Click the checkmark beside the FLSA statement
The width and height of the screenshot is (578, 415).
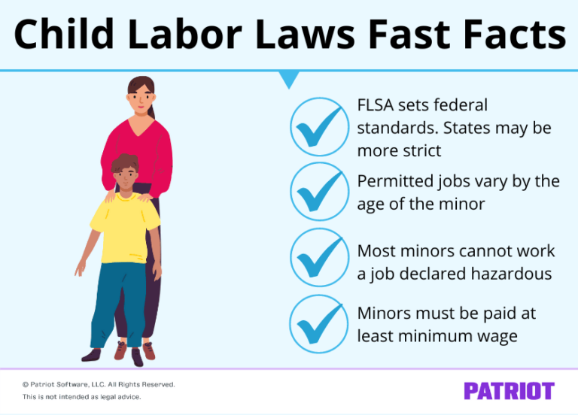tap(319, 127)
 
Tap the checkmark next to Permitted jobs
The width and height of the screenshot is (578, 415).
tap(319, 192)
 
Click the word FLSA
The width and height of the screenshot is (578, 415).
tap(378, 105)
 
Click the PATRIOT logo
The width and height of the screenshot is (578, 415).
tap(509, 391)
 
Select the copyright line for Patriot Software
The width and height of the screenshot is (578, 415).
tap(99, 384)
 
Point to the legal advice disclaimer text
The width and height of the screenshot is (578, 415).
tap(81, 397)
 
